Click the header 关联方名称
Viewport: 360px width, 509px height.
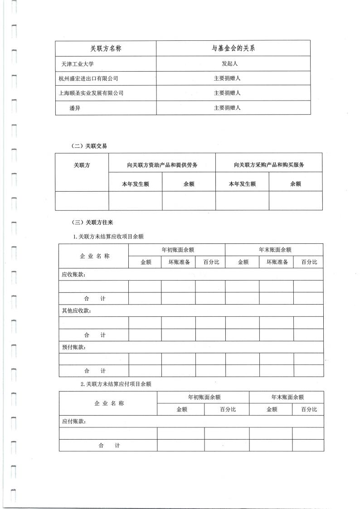point(106,48)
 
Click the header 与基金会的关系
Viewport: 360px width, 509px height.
point(233,48)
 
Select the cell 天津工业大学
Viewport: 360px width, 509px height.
point(77,64)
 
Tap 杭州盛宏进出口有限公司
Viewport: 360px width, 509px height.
point(88,78)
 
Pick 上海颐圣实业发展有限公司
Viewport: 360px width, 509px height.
point(91,93)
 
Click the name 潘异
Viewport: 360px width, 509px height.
point(75,108)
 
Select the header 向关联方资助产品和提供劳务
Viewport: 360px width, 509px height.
point(162,165)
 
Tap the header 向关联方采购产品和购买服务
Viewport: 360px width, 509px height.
point(269,165)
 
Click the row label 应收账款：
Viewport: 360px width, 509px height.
point(73,274)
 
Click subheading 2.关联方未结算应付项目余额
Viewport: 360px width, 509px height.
point(116,384)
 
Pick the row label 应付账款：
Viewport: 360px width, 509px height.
point(73,422)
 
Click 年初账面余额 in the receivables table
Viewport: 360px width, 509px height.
point(176,249)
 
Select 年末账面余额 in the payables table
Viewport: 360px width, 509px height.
point(287,397)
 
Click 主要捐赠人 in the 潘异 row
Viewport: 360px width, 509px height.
point(227,108)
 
